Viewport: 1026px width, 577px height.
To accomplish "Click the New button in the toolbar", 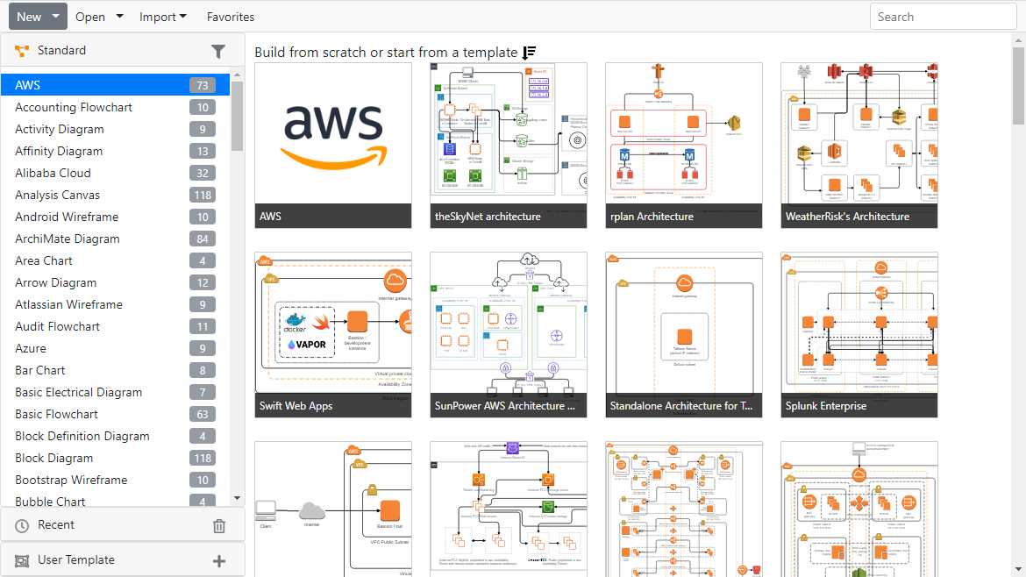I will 29,17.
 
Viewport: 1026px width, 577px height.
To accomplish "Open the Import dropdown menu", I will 163,17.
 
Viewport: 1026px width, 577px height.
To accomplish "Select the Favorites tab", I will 231,17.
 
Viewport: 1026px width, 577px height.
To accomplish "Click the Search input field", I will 943,17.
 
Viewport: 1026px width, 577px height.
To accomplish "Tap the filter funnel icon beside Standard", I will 218,52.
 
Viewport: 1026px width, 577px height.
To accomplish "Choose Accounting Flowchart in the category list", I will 74,107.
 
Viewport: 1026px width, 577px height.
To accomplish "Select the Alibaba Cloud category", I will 53,173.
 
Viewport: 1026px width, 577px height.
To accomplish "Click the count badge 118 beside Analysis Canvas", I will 203,195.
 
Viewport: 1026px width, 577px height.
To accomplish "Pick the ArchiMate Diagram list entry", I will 68,239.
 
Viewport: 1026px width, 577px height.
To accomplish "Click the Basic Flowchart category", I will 56,414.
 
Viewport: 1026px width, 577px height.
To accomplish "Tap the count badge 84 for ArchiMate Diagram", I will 203,239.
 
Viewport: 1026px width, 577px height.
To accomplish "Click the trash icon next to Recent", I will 219,526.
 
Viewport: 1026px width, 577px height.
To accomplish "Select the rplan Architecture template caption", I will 652,217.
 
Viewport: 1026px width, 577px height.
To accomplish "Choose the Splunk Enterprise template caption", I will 826,406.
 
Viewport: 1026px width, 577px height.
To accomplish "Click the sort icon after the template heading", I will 529,53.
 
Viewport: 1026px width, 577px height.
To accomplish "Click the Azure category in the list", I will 31,348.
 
